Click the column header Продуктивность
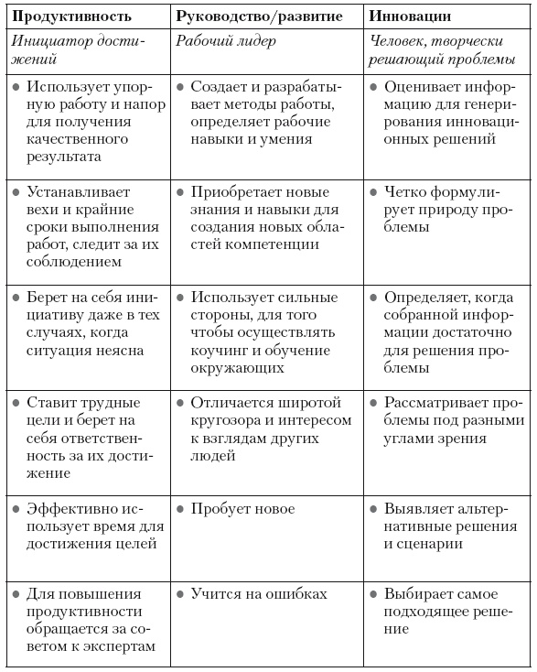pyautogui.click(x=70, y=16)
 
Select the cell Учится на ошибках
pyautogui.click(x=259, y=593)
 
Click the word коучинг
pyautogui.click(x=221, y=351)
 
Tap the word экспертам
pyautogui.click(x=115, y=645)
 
